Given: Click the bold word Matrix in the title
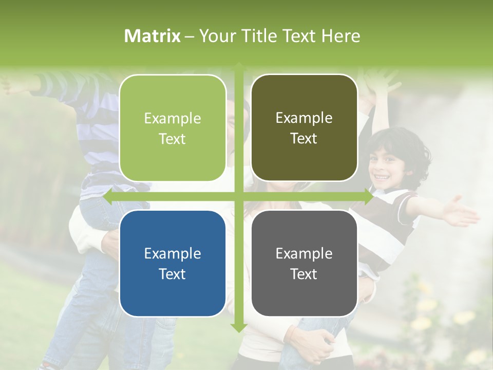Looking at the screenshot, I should [x=153, y=36].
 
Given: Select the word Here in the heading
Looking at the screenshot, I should [x=340, y=36].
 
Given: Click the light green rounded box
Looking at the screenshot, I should [x=173, y=128].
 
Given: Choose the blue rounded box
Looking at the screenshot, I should [x=173, y=263].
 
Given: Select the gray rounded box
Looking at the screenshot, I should [x=304, y=263].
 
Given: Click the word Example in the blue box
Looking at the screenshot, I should [x=173, y=253].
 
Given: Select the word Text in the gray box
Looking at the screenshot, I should [x=304, y=274].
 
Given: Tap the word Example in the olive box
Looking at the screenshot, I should [x=304, y=118].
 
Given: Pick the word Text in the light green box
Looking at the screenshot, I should [x=173, y=139].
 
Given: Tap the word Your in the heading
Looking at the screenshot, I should [x=216, y=36].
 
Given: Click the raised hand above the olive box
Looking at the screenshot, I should [x=380, y=82].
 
